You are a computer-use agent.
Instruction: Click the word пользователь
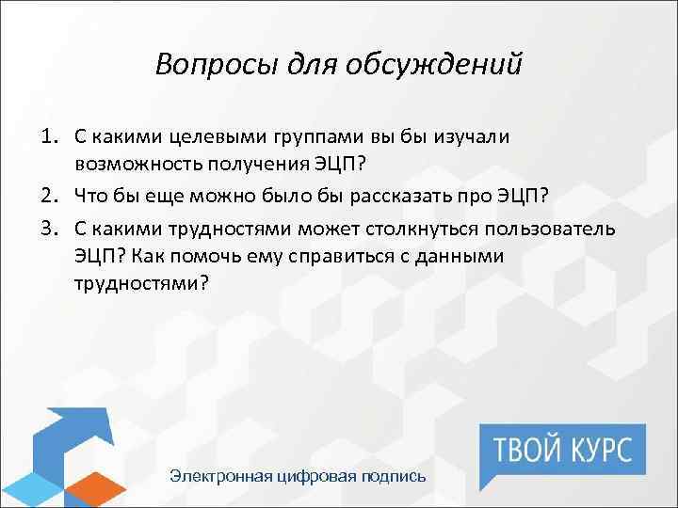pyautogui.click(x=578, y=231)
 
